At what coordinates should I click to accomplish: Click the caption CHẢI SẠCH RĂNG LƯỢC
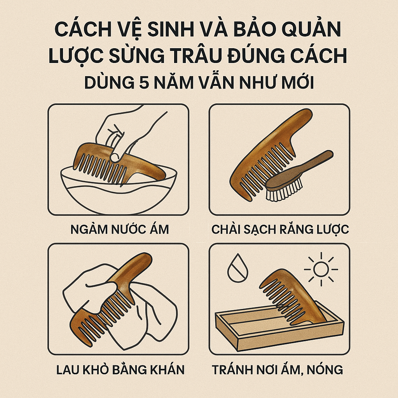tap(280, 229)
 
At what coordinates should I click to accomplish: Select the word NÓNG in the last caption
tap(325, 369)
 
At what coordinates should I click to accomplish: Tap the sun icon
tap(321, 269)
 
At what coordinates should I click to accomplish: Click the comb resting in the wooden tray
tap(292, 295)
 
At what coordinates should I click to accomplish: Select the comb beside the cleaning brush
tap(269, 152)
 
